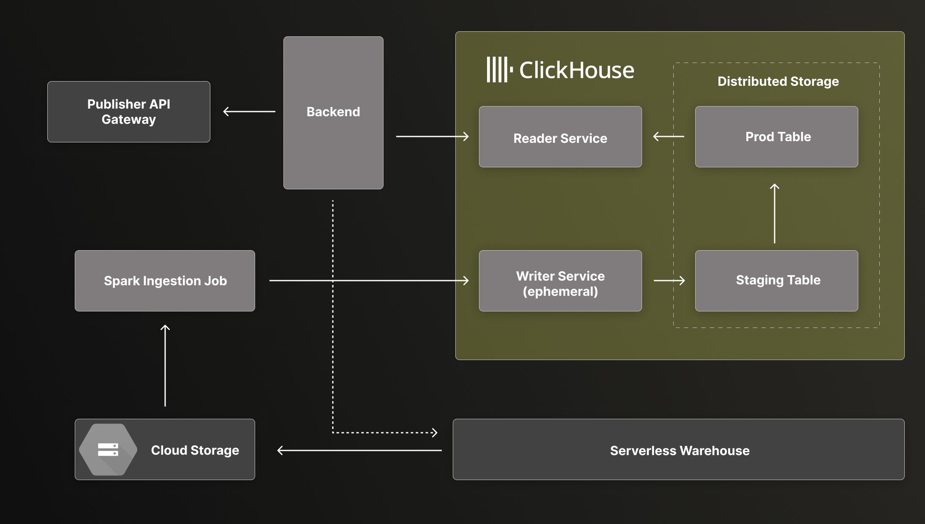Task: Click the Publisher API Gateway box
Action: (128, 112)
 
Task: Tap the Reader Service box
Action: (560, 136)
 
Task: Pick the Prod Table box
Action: (776, 136)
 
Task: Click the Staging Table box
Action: (776, 281)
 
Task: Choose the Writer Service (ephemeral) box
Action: (560, 281)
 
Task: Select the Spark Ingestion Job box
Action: (165, 281)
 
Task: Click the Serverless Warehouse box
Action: (678, 449)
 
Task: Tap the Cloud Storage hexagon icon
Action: (108, 450)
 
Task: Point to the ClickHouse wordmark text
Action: (577, 70)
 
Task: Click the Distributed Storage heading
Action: (778, 81)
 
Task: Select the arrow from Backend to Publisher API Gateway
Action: (249, 112)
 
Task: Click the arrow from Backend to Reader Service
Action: (432, 136)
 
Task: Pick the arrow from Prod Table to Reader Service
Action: (669, 136)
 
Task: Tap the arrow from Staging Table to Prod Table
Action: (774, 213)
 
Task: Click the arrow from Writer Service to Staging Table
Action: (669, 280)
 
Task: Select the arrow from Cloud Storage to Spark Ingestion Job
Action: (165, 366)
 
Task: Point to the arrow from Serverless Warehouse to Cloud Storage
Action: (359, 450)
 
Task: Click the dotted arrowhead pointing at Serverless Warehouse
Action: (434, 432)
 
